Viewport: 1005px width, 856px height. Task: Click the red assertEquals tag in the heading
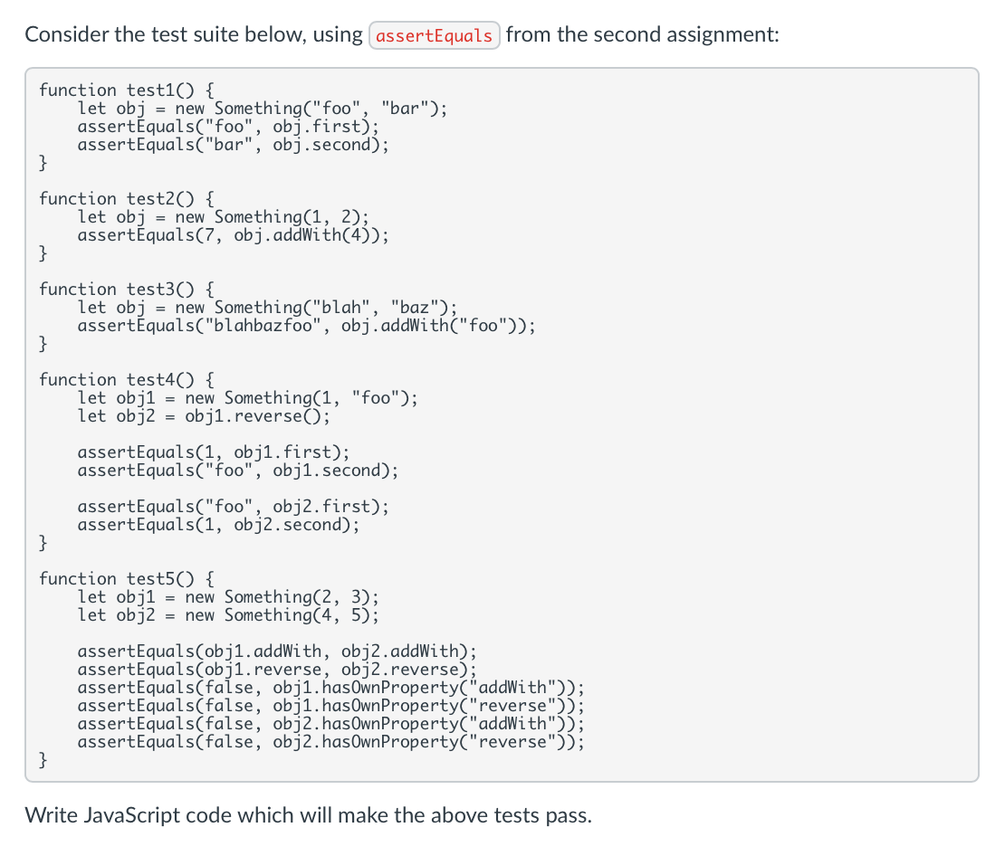click(x=435, y=36)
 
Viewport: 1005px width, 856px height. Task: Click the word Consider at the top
click(x=67, y=35)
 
